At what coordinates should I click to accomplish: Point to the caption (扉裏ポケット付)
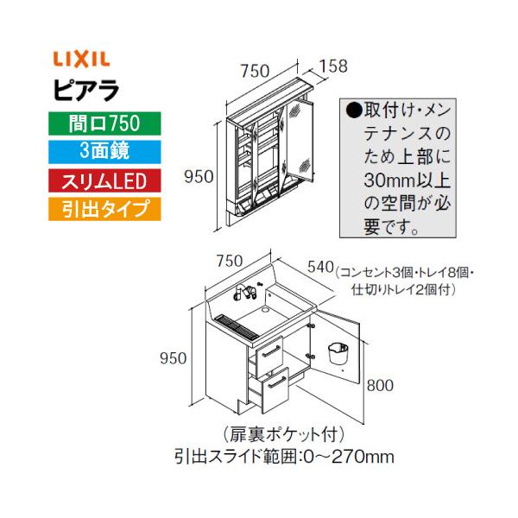point(283,434)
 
